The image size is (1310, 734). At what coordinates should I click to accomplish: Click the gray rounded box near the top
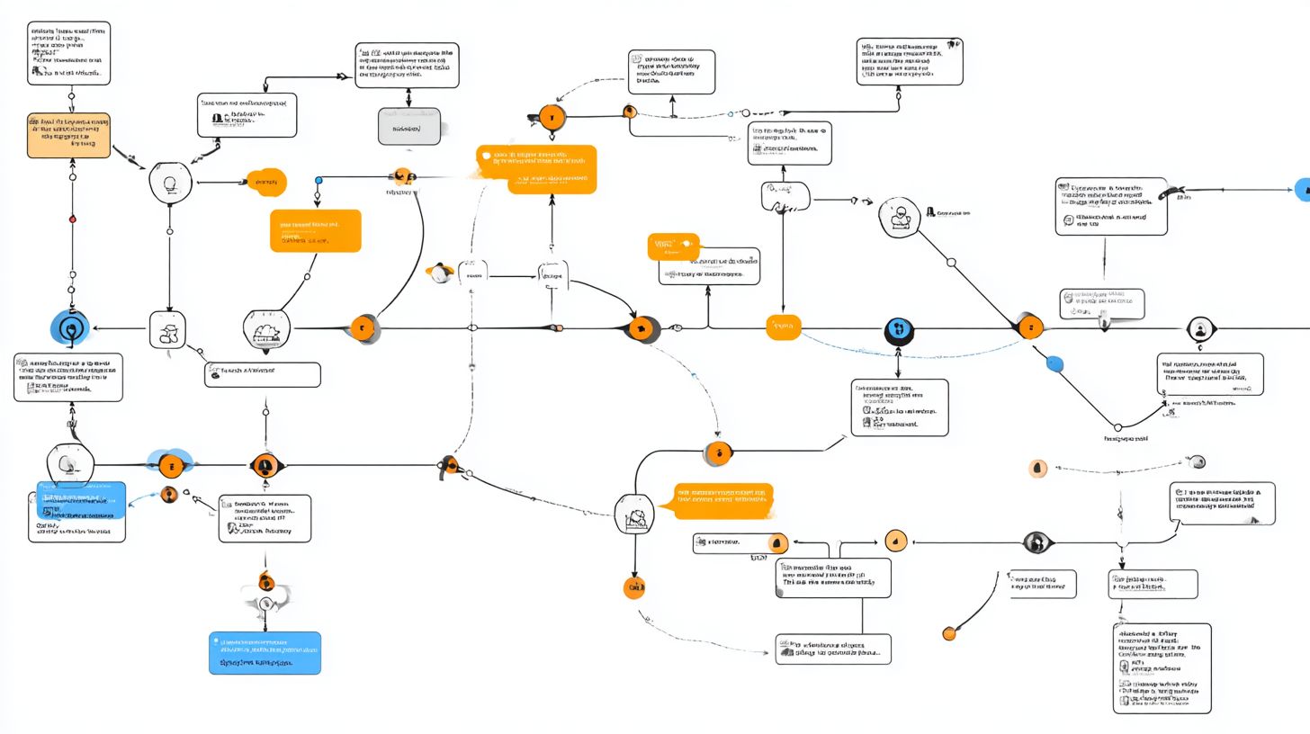409,127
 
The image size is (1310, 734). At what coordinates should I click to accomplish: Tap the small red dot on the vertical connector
73,219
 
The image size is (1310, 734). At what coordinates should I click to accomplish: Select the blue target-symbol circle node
71,329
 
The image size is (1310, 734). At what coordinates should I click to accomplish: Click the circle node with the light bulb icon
170,183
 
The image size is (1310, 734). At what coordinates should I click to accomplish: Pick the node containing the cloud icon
266,330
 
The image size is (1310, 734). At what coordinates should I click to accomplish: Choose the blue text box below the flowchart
265,653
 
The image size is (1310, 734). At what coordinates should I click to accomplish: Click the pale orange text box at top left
68,135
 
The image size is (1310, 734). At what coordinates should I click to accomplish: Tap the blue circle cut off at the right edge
1303,189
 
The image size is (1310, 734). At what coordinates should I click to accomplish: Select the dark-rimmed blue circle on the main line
898,330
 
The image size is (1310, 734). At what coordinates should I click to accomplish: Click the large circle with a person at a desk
898,218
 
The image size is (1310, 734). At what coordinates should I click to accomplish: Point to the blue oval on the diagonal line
1054,364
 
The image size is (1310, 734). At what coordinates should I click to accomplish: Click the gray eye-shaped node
1037,542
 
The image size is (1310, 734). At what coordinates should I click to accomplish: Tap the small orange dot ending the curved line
948,634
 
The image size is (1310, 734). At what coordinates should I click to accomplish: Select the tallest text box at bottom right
1162,668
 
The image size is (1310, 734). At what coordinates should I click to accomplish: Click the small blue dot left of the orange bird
318,181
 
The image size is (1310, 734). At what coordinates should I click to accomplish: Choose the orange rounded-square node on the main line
783,328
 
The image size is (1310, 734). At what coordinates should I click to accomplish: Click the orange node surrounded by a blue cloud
170,464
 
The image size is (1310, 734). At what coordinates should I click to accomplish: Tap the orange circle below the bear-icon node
634,589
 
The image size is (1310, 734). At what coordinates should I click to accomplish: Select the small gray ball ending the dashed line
1197,462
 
